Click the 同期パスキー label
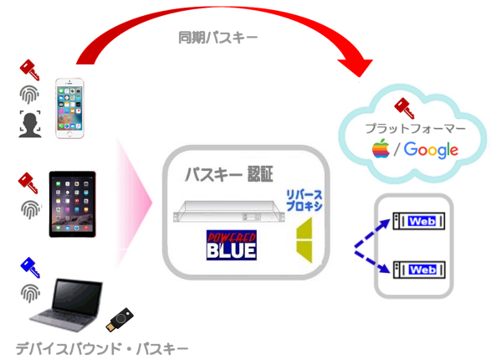[218, 38]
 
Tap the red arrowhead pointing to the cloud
[357, 66]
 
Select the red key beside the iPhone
[30, 70]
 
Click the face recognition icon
[30, 124]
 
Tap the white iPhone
[69, 108]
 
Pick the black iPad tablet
[73, 204]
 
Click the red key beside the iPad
[28, 183]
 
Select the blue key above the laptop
[30, 268]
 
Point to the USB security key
[120, 320]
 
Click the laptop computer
[67, 305]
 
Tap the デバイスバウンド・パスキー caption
[102, 349]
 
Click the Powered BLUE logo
[231, 245]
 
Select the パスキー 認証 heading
[229, 174]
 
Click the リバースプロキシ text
[304, 200]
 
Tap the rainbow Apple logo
[381, 148]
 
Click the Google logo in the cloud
[431, 150]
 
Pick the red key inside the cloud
[404, 109]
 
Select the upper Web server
[418, 221]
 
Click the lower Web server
[418, 270]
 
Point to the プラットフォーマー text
[416, 128]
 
